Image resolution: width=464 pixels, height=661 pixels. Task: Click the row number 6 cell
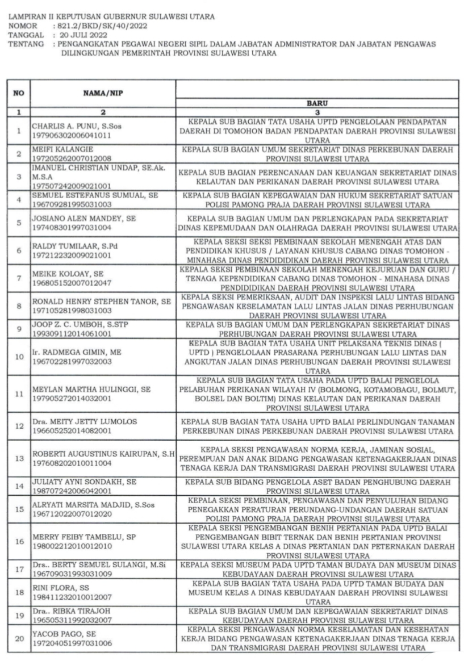click(x=19, y=249)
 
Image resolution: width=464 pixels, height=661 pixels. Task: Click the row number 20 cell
click(x=19, y=639)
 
